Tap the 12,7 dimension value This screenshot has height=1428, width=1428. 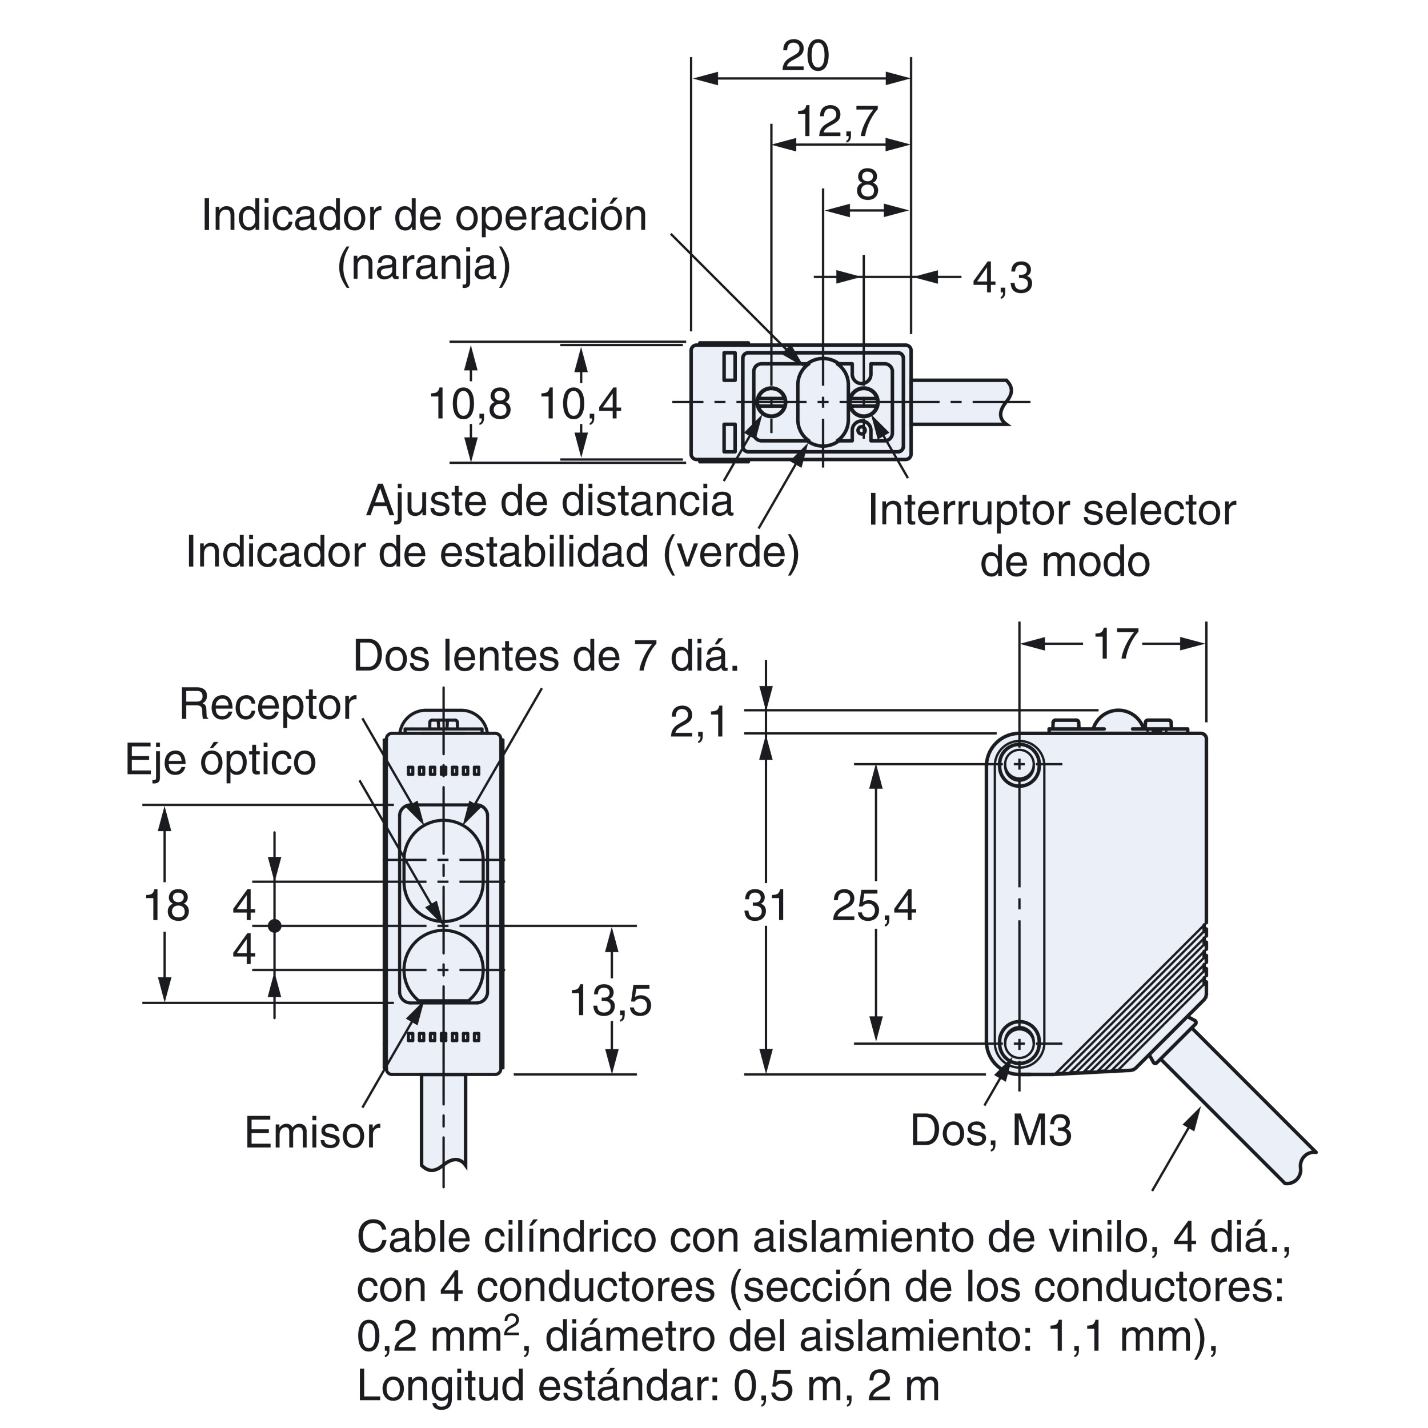pos(837,122)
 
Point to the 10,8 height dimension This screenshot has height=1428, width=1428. pos(470,404)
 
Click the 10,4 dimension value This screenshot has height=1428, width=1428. pos(580,404)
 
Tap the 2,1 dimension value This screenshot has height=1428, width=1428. pos(699,722)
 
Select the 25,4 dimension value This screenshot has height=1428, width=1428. pos(874,905)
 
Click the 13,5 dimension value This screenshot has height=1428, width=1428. pos(611,1001)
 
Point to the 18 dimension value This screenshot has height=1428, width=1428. pos(166,905)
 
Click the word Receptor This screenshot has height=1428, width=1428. pos(267,704)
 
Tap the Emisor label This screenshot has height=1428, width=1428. pos(312,1132)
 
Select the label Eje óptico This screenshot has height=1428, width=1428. pos(220,759)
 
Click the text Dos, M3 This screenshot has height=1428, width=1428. pos(990,1129)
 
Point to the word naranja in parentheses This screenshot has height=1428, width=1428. pos(423,264)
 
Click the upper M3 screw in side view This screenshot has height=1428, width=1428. pos(1020,764)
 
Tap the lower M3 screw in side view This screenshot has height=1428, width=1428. pos(1020,1044)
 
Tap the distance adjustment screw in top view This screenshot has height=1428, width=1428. pos(772,403)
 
